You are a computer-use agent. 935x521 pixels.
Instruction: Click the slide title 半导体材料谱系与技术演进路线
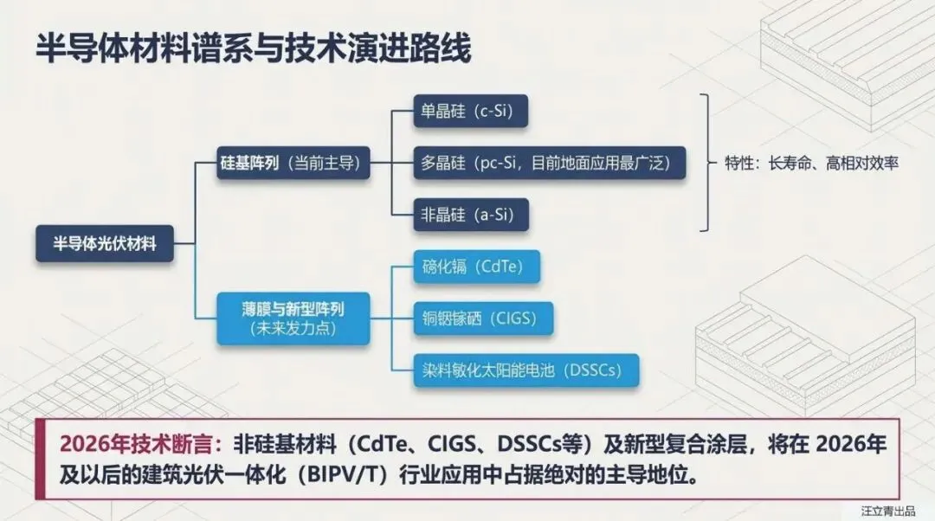point(253,48)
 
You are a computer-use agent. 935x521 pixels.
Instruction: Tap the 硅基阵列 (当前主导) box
point(290,163)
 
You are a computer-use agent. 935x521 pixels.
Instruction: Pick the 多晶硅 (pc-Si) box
point(550,162)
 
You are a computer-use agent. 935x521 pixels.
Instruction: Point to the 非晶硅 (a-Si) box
point(471,213)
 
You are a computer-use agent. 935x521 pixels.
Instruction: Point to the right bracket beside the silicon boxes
point(708,162)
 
